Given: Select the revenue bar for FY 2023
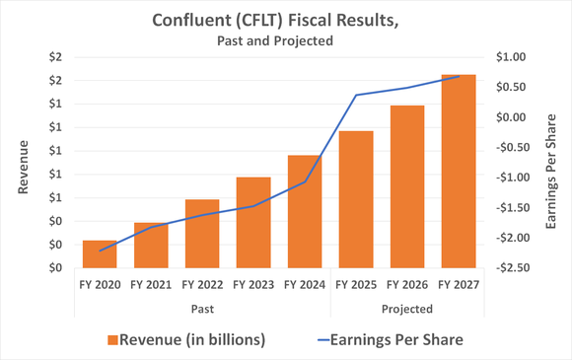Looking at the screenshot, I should [253, 222].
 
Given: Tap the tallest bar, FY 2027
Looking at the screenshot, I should [458, 171].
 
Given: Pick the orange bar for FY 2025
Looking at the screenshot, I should [356, 199].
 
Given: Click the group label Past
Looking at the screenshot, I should [202, 309].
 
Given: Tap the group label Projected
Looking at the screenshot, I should [407, 309].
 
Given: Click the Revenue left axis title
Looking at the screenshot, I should [24, 163].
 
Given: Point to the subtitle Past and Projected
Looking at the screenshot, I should [272, 40].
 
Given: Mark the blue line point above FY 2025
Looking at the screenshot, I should [356, 95].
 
